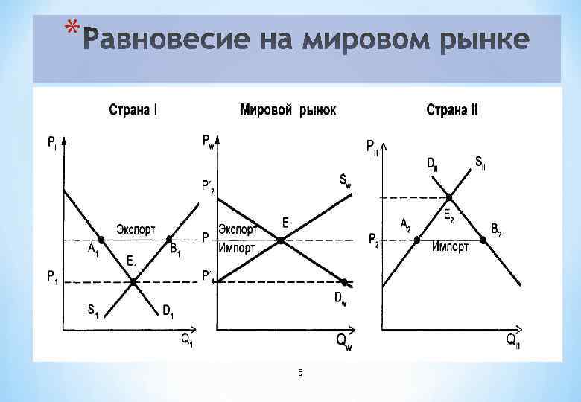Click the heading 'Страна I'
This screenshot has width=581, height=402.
[x=133, y=111]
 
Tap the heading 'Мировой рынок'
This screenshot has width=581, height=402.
[x=288, y=110]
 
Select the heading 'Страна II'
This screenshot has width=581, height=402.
[x=452, y=111]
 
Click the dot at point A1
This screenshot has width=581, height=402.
[x=102, y=239]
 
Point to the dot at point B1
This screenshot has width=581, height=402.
[x=170, y=239]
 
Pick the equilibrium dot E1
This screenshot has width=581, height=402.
[x=133, y=282]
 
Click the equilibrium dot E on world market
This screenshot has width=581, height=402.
[x=280, y=240]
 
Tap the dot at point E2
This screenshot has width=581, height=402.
[x=450, y=197]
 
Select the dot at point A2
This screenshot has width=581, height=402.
[x=416, y=240]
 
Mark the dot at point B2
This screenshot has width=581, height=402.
[x=483, y=240]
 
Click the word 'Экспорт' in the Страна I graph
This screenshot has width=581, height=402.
[x=136, y=229]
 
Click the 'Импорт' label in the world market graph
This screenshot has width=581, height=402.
[x=237, y=248]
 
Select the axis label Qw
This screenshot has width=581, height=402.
[x=343, y=340]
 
